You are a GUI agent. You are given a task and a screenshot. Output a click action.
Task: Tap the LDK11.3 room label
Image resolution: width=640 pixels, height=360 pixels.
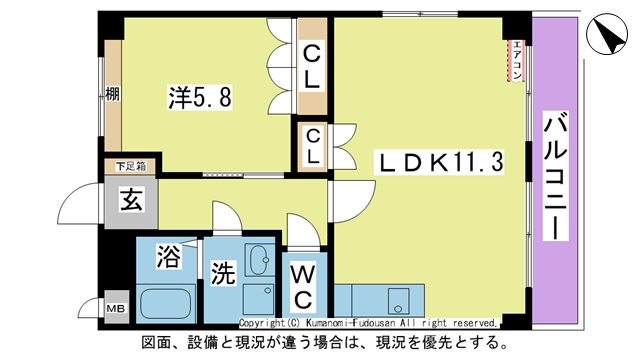(x=431, y=160)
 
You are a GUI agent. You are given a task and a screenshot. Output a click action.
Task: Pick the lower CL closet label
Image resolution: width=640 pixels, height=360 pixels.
(x=313, y=146)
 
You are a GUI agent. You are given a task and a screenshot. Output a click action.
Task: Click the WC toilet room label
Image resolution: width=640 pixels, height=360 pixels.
(x=305, y=284)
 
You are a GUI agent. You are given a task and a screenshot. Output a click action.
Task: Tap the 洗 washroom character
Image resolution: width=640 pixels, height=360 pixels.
(x=222, y=273)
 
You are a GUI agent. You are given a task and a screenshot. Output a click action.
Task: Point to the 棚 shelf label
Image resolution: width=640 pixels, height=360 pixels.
(x=113, y=96)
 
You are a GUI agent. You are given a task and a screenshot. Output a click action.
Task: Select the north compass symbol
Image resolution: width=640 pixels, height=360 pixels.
(x=607, y=37)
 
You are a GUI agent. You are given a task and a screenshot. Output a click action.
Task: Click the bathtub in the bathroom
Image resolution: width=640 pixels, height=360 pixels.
(x=167, y=303)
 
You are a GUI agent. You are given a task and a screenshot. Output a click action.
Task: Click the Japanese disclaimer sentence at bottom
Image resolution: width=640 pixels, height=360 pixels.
(x=319, y=343)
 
